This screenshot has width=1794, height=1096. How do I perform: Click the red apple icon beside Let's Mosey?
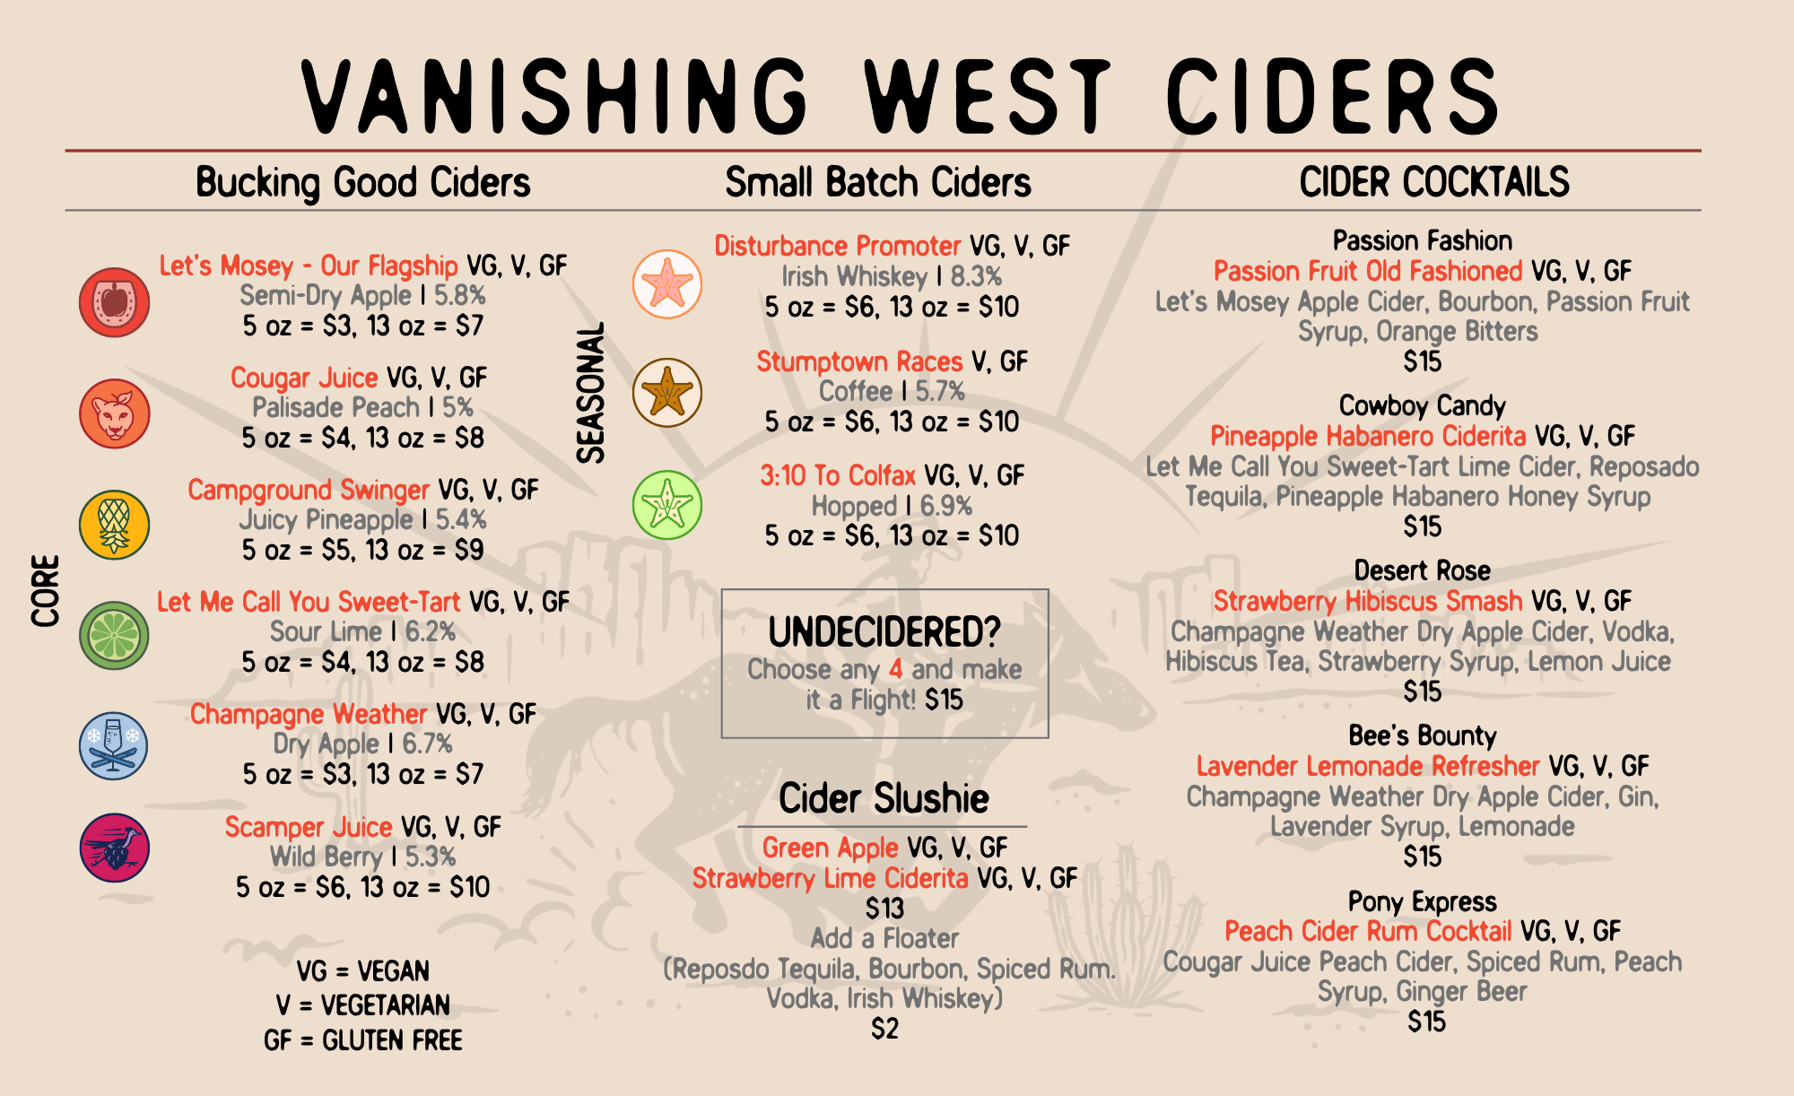point(114,302)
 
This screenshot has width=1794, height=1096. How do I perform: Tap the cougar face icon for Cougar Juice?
point(114,413)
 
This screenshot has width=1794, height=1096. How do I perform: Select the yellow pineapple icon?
point(114,525)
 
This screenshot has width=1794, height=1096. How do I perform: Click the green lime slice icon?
point(114,635)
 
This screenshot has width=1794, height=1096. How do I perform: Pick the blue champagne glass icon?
point(114,746)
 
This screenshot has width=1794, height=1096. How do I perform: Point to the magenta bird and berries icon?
point(114,848)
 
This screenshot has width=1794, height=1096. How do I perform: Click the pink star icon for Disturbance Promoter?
point(667,284)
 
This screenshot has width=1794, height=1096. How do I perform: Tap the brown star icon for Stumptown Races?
point(667,393)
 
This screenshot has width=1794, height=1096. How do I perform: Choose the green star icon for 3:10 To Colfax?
point(667,505)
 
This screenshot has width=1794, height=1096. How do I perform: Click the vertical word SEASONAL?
point(591,393)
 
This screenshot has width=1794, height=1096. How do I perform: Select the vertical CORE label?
point(46,590)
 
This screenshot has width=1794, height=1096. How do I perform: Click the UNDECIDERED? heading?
point(884,632)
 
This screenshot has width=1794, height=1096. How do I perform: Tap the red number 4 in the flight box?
point(895,669)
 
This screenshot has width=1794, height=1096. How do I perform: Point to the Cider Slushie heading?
point(884,798)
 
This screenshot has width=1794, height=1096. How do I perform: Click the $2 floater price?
point(884,1028)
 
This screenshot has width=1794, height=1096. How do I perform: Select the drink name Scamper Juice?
point(309,827)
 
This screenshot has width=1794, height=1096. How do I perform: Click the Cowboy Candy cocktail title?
point(1422,406)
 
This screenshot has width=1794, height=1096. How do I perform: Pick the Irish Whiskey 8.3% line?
point(891,276)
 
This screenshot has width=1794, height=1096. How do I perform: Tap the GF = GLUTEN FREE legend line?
point(363,1040)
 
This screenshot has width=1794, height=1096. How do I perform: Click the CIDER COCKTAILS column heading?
point(1434,182)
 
